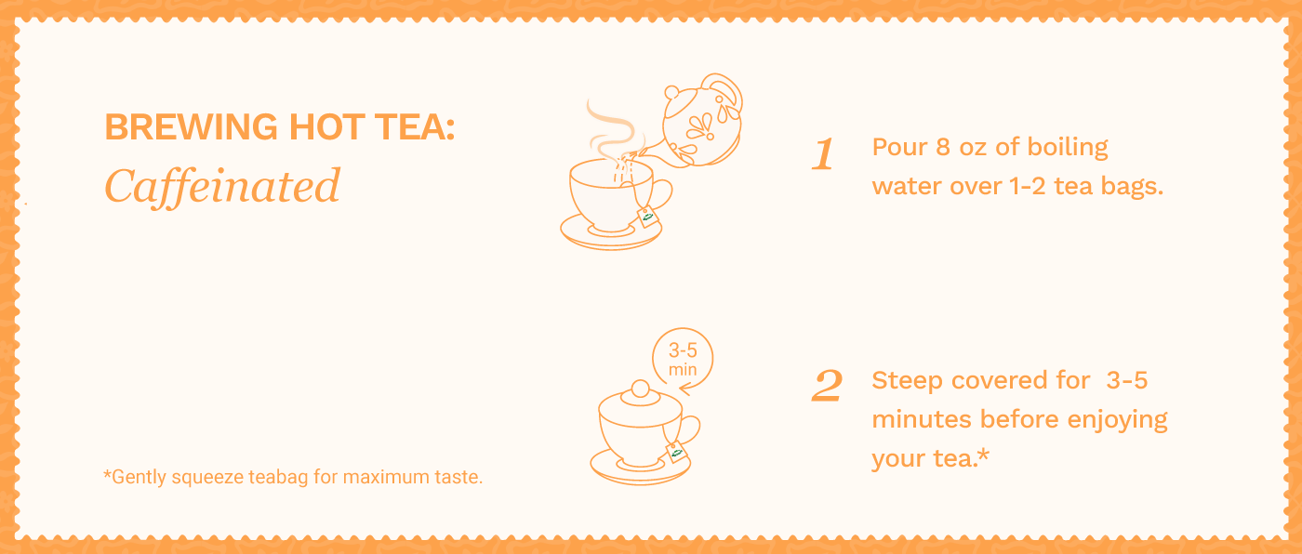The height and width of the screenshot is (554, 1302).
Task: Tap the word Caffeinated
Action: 222,187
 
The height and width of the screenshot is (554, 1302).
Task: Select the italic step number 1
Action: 823,154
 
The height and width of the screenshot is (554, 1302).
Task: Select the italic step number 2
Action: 827,386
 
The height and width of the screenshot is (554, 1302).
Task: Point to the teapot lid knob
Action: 671,92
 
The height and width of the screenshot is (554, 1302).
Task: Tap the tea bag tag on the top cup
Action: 647,218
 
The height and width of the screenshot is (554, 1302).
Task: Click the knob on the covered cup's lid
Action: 641,389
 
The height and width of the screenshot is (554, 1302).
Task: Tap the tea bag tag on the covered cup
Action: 676,452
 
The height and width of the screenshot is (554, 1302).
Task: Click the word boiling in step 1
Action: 1068,148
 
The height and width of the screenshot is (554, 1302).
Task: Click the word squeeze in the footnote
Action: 207,478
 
